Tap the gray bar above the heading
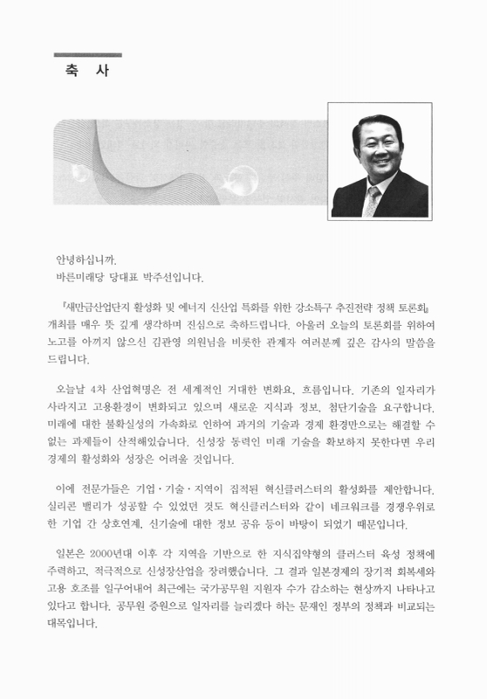tap(87, 55)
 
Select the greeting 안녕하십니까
tap(85, 260)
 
